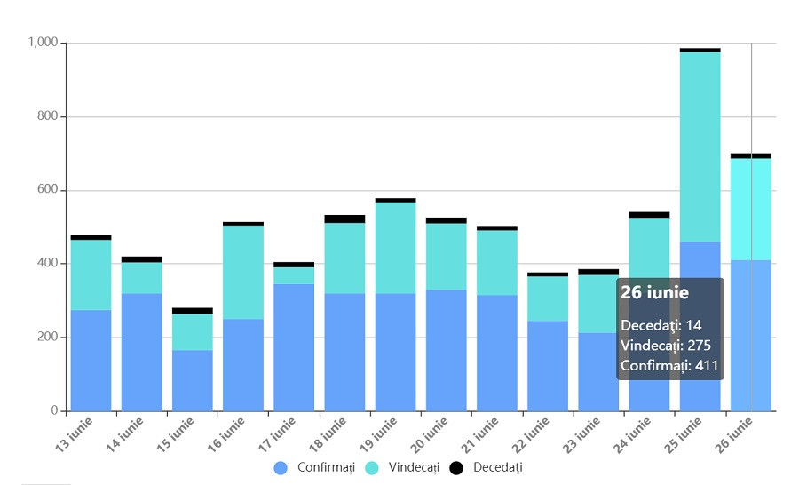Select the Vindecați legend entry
402,468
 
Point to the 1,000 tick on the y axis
43,43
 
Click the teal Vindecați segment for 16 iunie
243,272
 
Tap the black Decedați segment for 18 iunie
344,219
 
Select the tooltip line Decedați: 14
662,325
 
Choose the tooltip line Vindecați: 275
666,345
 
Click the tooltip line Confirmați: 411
669,365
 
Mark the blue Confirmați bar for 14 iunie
142,352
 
